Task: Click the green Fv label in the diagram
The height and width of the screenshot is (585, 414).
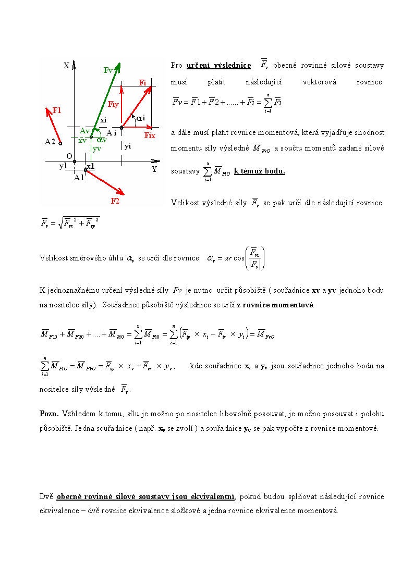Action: coord(108,70)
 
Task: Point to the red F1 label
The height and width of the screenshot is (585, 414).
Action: coord(57,110)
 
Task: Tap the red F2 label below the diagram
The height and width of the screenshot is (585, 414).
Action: coord(115,201)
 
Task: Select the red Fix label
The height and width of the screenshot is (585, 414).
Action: coord(150,135)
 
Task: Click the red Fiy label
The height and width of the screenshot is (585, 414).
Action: coord(113,104)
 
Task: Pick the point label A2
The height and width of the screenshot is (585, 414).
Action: coord(51,141)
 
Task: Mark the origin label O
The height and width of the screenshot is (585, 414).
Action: coord(69,156)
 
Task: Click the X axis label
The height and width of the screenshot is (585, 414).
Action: coord(66,66)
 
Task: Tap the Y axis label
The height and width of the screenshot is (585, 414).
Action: coord(154,169)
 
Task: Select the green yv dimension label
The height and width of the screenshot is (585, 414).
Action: coord(97,149)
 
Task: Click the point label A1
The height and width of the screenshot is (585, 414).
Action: coord(79,178)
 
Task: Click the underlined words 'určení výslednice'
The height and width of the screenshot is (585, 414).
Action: coord(218,65)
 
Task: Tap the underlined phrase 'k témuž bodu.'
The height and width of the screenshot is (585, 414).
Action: coord(260,171)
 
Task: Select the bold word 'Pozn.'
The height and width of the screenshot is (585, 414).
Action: coord(49,414)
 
